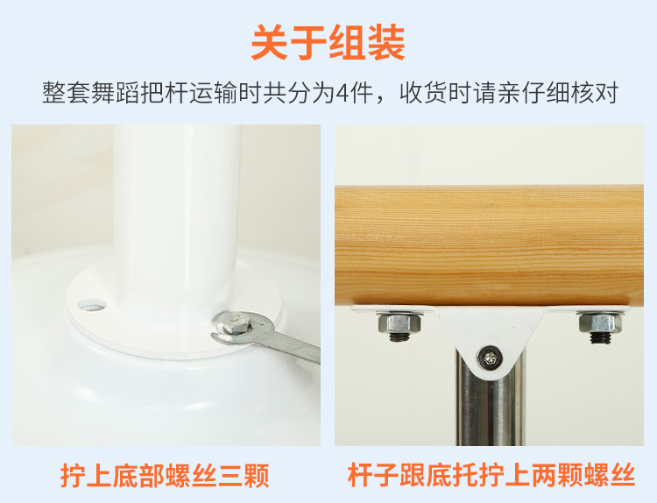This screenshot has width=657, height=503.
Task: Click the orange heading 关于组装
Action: (328, 42)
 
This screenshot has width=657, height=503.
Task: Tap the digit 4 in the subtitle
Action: (343, 93)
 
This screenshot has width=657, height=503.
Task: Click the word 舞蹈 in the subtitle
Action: (115, 93)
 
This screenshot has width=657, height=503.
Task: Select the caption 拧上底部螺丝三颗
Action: (165, 475)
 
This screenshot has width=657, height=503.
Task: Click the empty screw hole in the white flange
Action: (92, 305)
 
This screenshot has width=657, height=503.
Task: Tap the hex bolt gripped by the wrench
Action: (234, 322)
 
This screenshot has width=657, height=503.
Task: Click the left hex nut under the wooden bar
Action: (399, 322)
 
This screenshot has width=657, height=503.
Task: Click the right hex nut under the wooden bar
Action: (600, 323)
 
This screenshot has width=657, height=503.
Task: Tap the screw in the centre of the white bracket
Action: (490, 358)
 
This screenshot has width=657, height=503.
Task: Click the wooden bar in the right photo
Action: (489, 245)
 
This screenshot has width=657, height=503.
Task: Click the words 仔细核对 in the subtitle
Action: (570, 93)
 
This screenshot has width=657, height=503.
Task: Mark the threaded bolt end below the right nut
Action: (598, 338)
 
